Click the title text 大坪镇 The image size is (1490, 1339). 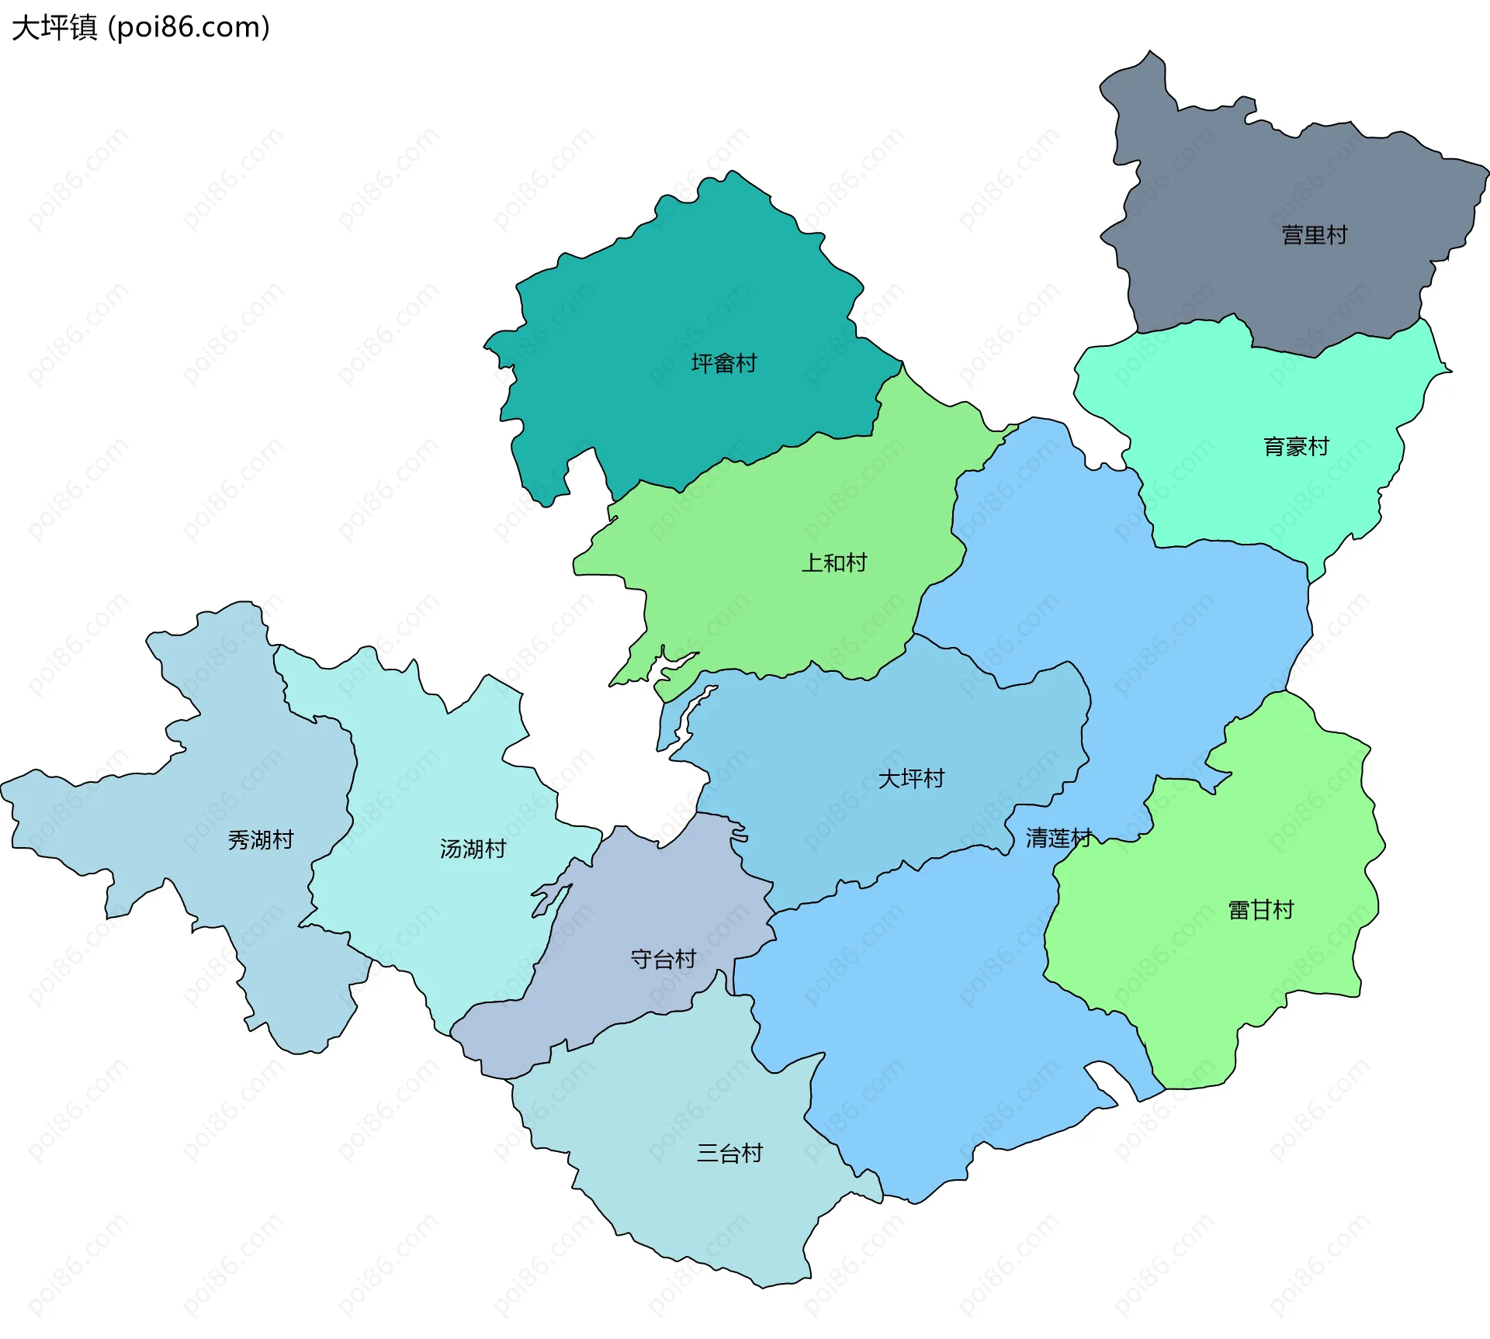point(54,28)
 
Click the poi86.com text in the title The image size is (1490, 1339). point(189,28)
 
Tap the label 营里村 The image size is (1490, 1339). point(1314,235)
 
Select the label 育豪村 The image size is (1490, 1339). point(1296,447)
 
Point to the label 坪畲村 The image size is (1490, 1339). point(723,363)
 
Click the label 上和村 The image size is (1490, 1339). point(833,562)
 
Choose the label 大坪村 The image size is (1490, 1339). point(910,778)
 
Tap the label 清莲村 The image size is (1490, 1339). point(1059,838)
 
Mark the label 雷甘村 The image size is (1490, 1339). point(1260,910)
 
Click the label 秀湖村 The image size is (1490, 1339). point(261,839)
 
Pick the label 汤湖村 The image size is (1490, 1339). point(473,849)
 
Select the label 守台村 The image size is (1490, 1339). point(663,960)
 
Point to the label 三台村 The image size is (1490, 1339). point(729,1154)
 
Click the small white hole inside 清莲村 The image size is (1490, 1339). point(1101,1085)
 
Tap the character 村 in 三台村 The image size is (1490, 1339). point(752,1154)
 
